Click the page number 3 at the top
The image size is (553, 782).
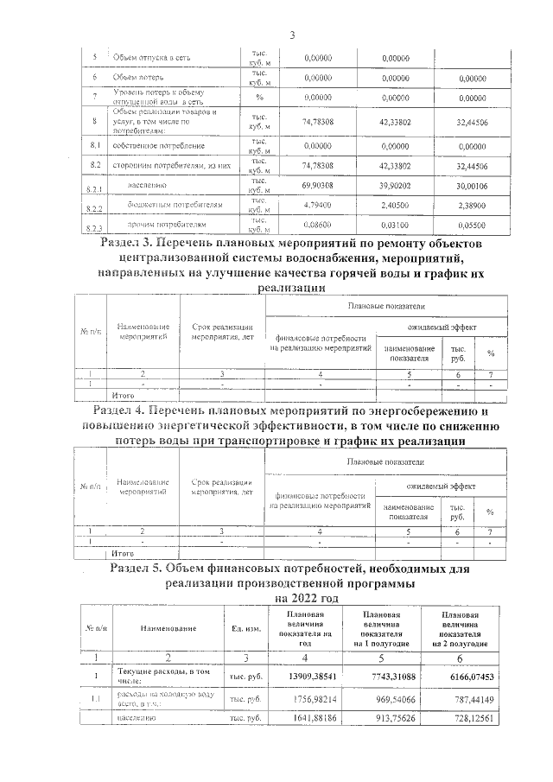tap(291, 35)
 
